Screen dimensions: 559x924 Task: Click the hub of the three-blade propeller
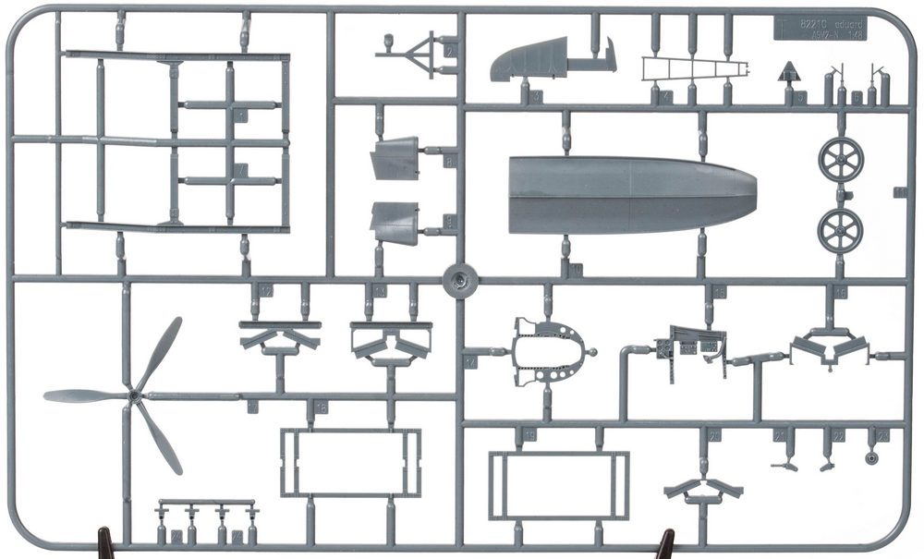click(x=135, y=395)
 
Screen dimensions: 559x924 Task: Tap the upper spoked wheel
click(x=840, y=160)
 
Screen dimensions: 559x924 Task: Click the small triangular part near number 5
click(x=788, y=72)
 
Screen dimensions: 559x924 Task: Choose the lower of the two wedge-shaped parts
click(x=395, y=222)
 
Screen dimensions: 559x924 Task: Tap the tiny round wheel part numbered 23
click(x=871, y=457)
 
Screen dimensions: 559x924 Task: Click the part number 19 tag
click(x=529, y=434)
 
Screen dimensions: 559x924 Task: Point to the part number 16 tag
click(x=840, y=292)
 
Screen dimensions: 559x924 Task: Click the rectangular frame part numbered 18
click(x=351, y=462)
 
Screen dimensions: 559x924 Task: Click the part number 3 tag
click(x=536, y=95)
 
